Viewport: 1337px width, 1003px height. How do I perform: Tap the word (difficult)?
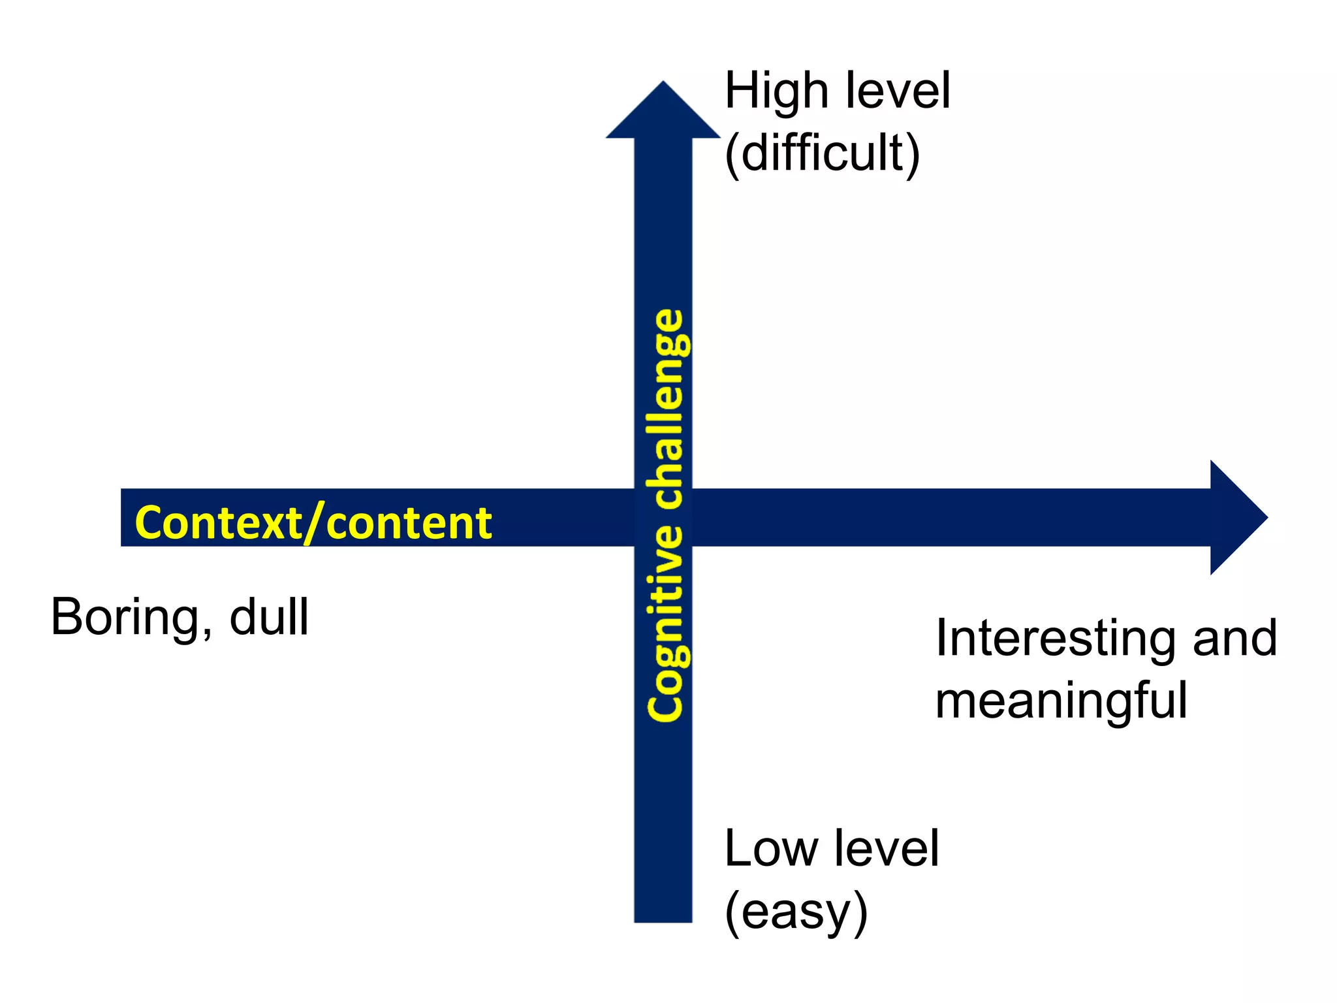[x=822, y=153]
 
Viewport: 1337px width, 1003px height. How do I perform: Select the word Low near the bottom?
[x=770, y=848]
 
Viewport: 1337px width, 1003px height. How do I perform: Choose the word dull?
[x=269, y=617]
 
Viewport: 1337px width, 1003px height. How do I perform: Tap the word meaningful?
[x=1061, y=701]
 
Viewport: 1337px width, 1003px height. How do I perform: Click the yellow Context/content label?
[x=313, y=523]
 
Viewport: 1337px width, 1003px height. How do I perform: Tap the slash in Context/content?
[x=315, y=524]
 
